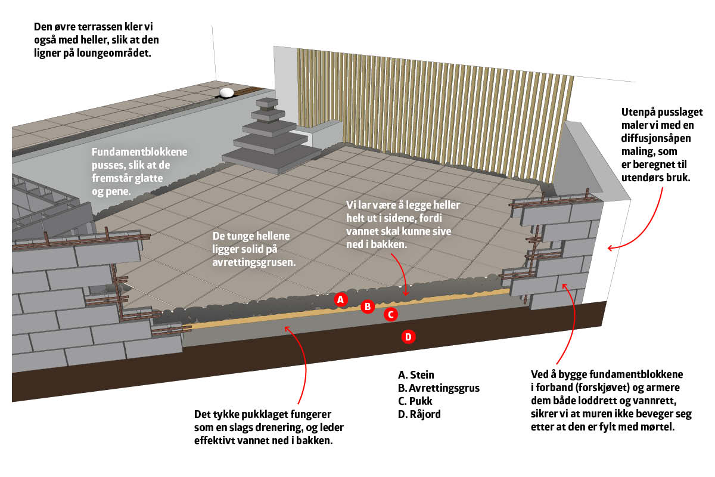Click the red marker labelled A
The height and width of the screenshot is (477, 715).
[x=340, y=299]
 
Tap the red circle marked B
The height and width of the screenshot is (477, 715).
[x=368, y=307]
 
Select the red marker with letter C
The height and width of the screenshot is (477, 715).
[x=390, y=314]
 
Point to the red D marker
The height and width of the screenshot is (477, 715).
[x=408, y=337]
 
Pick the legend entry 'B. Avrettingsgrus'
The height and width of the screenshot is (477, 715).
[x=439, y=388]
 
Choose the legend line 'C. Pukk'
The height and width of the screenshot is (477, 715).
[x=415, y=401]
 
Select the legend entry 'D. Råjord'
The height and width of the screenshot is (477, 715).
[x=419, y=414]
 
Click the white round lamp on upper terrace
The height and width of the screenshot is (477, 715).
[x=226, y=92]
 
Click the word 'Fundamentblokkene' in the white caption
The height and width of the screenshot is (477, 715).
[x=139, y=152]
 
